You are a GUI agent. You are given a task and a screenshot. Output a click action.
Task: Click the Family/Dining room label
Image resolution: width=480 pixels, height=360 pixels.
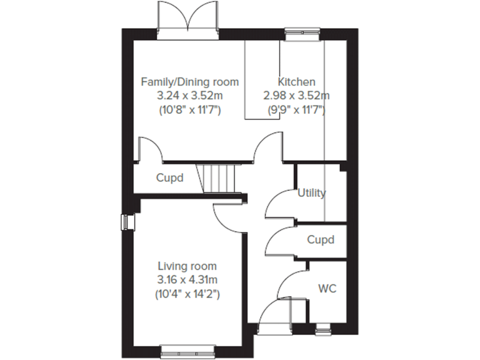coord(189,82)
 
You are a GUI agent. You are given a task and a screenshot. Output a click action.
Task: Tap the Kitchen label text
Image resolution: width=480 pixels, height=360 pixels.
coord(296,82)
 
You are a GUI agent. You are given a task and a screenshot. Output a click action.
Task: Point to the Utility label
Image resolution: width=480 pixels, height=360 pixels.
coord(311,193)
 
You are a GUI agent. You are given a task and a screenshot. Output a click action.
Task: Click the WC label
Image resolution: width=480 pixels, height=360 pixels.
coord(327,289)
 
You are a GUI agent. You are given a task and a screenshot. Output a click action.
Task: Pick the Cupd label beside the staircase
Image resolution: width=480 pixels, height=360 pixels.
coord(169,177)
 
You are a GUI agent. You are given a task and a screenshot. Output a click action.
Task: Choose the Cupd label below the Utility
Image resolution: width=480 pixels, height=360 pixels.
coord(320,239)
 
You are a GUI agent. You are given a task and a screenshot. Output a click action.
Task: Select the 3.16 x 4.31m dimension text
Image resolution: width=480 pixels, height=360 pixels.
coord(187,279)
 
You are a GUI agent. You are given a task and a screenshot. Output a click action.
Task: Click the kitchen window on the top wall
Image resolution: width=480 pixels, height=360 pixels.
coord(304,33)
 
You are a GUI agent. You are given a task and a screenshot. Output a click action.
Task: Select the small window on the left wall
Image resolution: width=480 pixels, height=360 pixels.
coord(127,222)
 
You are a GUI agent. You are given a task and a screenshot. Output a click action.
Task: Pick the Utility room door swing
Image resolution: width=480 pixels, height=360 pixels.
coord(279,203)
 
